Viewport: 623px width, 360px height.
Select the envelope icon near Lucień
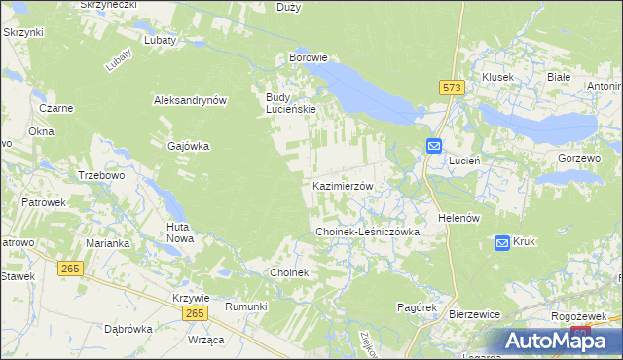coord(434,146)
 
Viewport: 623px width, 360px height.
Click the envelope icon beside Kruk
coord(502,242)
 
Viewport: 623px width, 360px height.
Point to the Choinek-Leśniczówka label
coord(367,233)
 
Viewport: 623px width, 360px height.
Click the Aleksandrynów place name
coord(190,100)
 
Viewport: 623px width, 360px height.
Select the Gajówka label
coord(189,146)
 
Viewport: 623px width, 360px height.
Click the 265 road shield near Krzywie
coord(195,312)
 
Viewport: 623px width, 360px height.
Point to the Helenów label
coord(459,218)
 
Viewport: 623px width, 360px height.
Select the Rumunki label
coord(245,306)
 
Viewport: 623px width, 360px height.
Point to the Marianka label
coord(107,243)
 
